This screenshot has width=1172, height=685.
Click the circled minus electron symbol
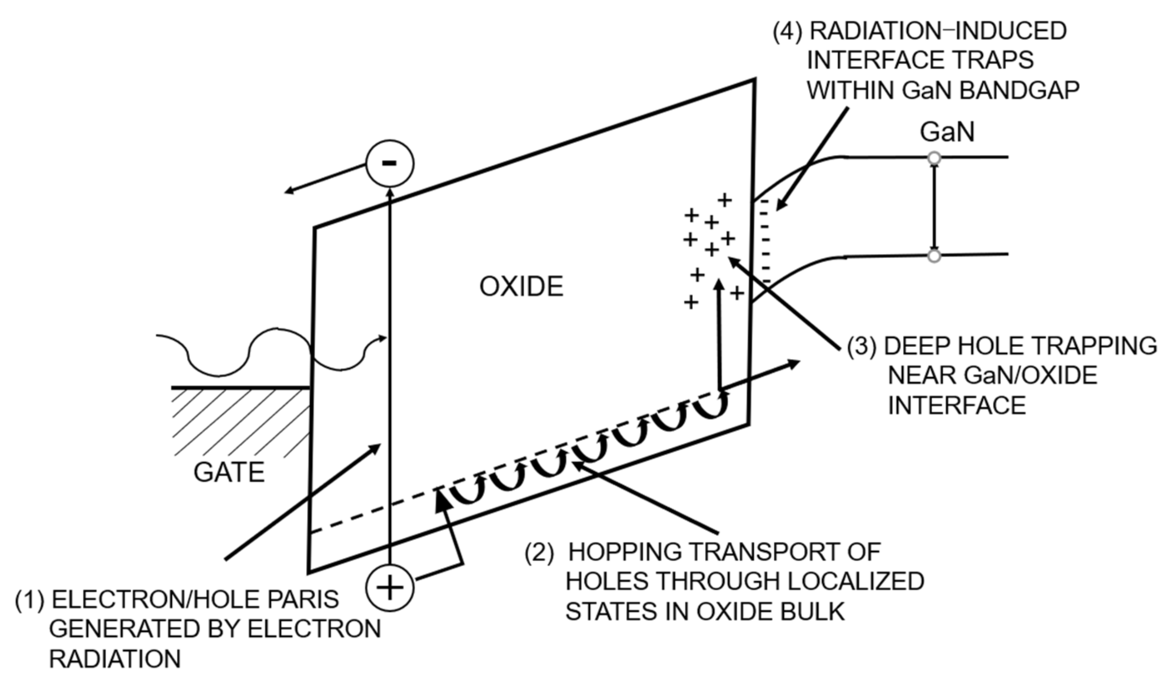click(389, 163)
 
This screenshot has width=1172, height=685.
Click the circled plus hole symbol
click(389, 587)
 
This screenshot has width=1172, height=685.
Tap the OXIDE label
click(521, 286)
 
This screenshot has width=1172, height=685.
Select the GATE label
click(229, 473)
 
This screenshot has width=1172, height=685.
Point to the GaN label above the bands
click(947, 132)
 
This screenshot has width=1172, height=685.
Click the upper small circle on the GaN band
click(934, 158)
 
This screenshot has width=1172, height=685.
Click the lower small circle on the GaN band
click(934, 256)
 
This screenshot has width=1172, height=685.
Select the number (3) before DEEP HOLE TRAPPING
click(861, 346)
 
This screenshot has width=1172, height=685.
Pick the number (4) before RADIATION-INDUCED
click(788, 31)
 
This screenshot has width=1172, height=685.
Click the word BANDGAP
click(1020, 90)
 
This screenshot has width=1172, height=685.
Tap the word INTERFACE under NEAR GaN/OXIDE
click(957, 405)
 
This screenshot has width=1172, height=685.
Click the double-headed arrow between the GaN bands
click(934, 207)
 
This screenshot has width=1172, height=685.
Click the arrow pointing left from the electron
click(326, 178)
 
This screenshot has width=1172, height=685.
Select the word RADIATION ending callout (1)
click(115, 659)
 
